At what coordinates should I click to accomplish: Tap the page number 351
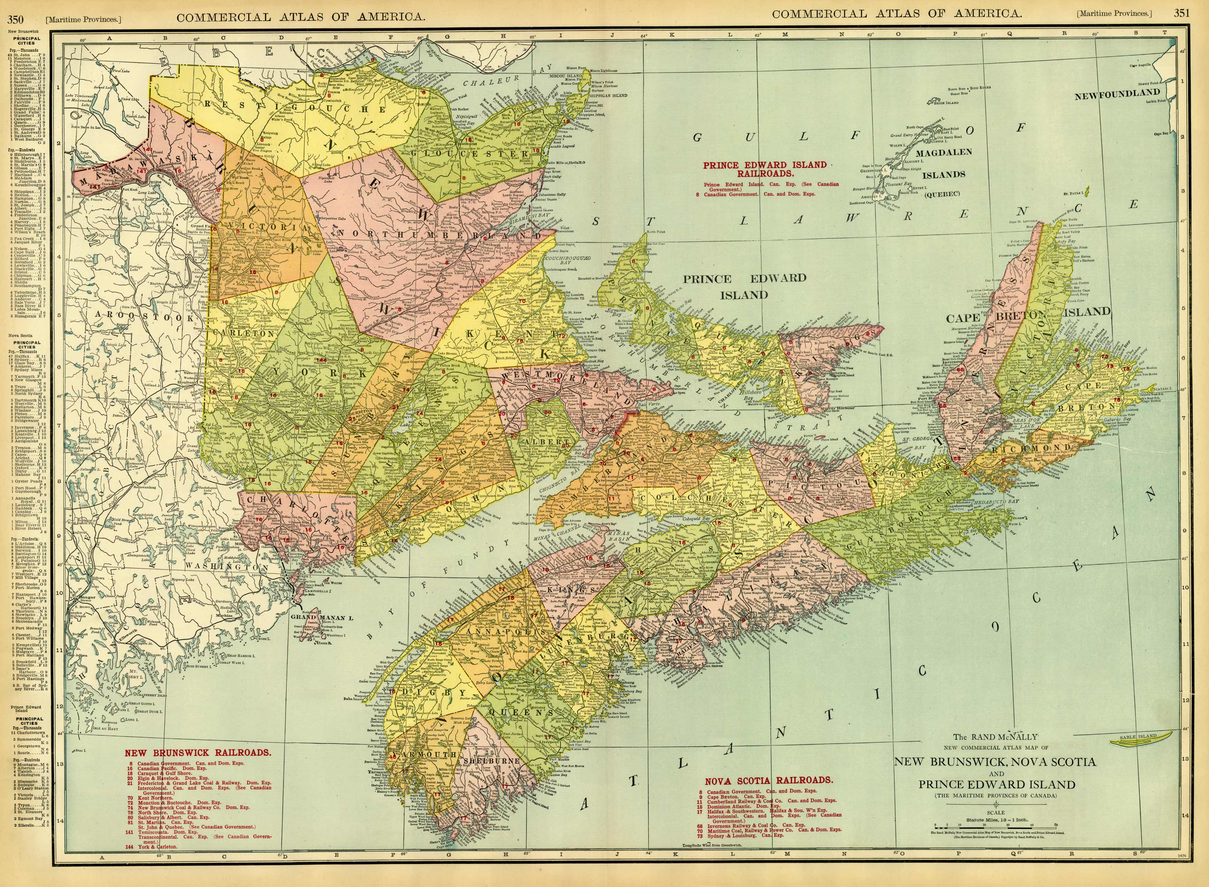tap(1181, 13)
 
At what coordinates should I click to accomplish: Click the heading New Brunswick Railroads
tap(198, 752)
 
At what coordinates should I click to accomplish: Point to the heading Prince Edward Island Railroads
tap(765, 170)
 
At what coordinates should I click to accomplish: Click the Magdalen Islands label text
tap(943, 164)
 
